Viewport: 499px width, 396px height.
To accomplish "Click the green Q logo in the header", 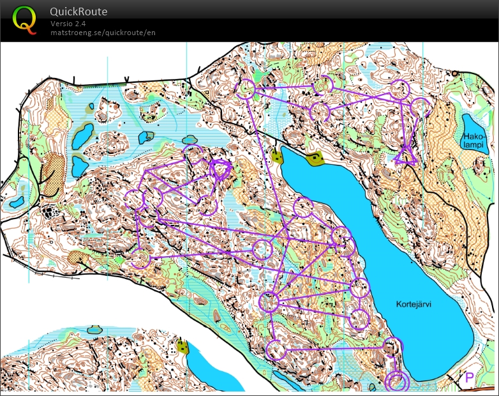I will pyautogui.click(x=24, y=19).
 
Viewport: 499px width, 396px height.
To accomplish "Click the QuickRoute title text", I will pyautogui.click(x=78, y=11).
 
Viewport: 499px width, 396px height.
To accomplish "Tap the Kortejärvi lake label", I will pyautogui.click(x=413, y=305).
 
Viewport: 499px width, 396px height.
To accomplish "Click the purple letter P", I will pyautogui.click(x=470, y=378).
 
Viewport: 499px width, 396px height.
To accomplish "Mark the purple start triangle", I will pyautogui.click(x=405, y=155).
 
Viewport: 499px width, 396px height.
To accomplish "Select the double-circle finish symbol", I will pyautogui.click(x=397, y=381).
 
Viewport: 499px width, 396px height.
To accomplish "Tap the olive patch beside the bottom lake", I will pyautogui.click(x=184, y=347).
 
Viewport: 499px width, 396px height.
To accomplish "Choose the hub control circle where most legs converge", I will pyautogui.click(x=269, y=301).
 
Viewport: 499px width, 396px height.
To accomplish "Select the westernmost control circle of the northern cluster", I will pyautogui.click(x=246, y=89).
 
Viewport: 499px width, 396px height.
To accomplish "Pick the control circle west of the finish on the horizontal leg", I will pyautogui.click(x=276, y=349).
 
